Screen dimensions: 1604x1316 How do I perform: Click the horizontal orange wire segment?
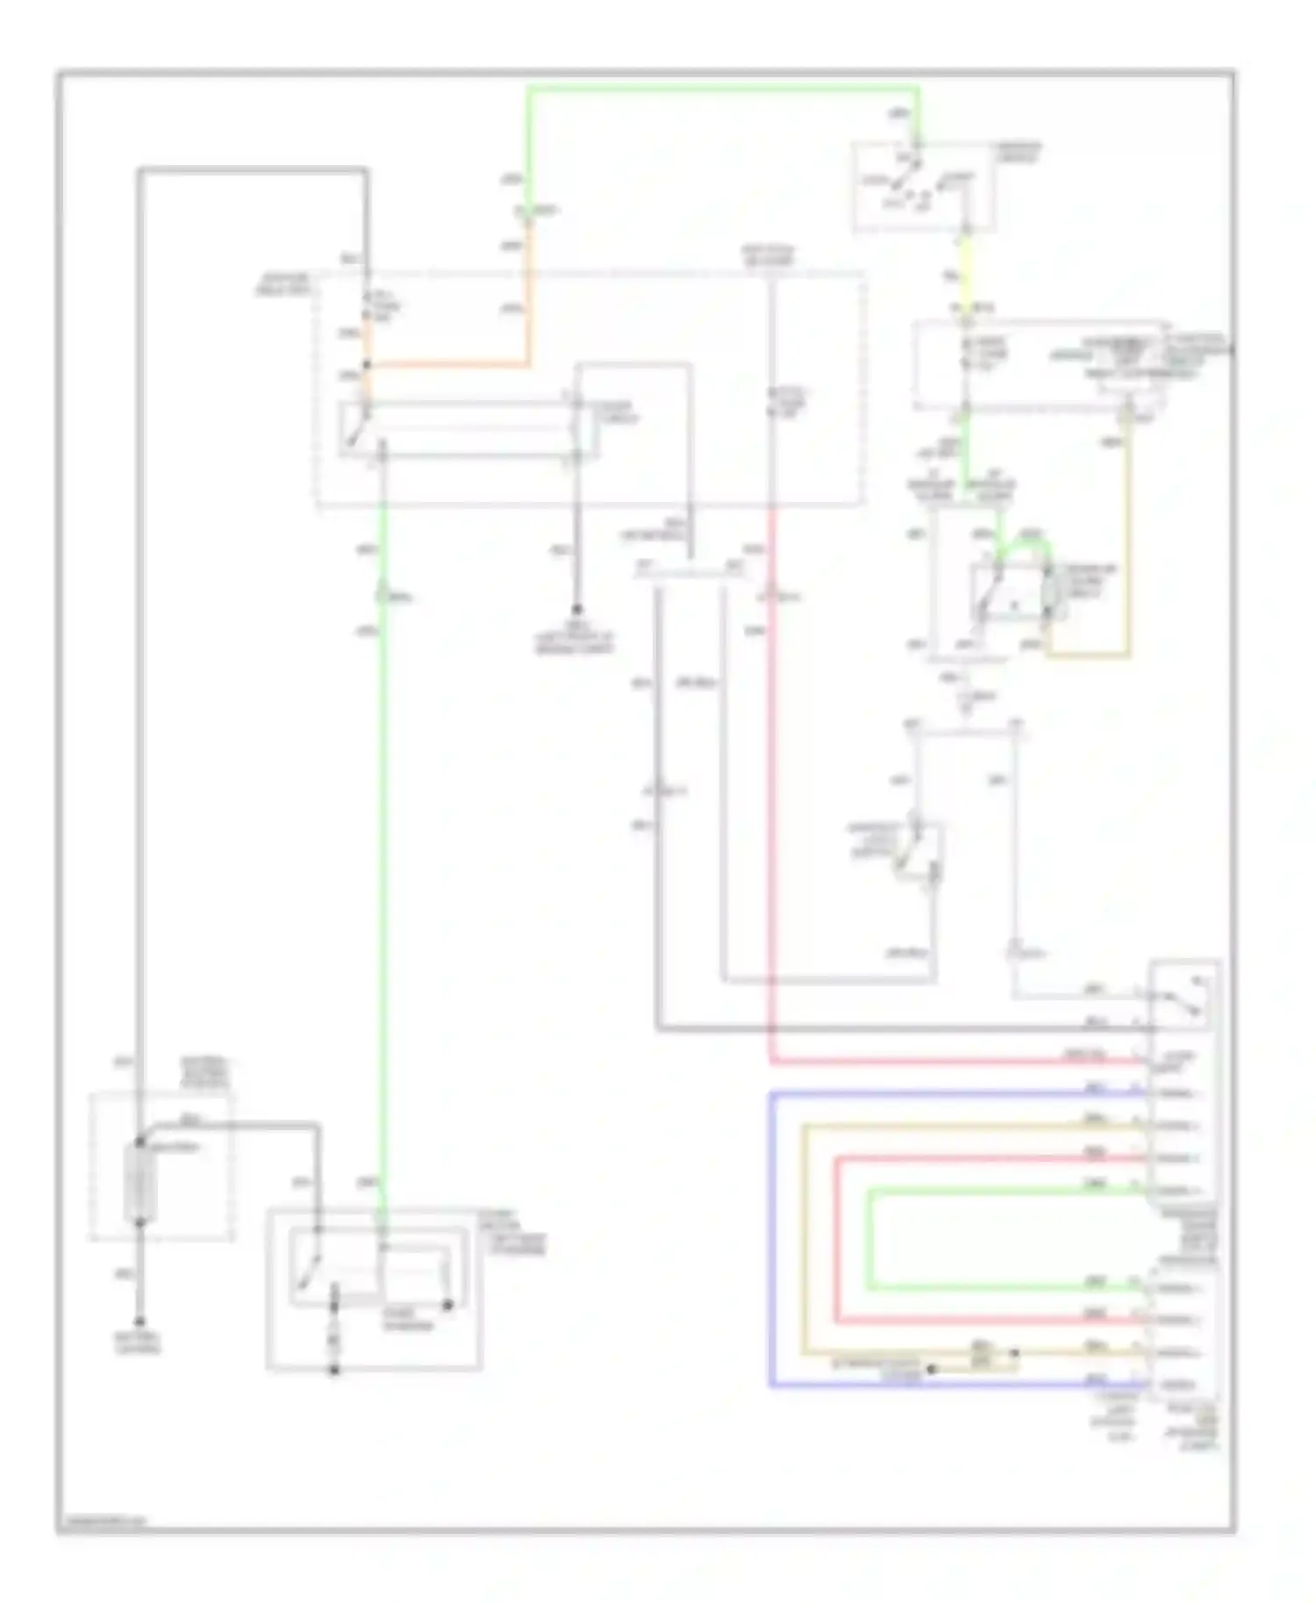(x=447, y=364)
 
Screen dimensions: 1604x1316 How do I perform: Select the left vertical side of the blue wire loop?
(x=771, y=1237)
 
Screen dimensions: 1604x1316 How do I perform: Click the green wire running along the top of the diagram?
(x=719, y=89)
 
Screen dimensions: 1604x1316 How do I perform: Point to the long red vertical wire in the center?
(x=772, y=790)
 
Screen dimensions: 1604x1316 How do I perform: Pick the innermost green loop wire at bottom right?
(x=869, y=1237)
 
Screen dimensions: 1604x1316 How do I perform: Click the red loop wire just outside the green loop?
(x=836, y=1237)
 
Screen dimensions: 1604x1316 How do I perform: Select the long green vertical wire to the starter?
(x=383, y=877)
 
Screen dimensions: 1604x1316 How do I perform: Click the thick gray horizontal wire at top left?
(x=250, y=170)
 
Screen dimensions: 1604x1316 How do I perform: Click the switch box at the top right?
(x=923, y=188)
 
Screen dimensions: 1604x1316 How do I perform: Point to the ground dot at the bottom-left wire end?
(x=139, y=1321)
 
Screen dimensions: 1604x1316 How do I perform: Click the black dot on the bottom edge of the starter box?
(x=334, y=1371)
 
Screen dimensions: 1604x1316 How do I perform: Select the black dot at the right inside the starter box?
(x=447, y=1306)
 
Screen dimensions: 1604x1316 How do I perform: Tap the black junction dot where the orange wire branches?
(x=368, y=365)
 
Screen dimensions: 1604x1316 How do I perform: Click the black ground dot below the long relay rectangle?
(x=576, y=609)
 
